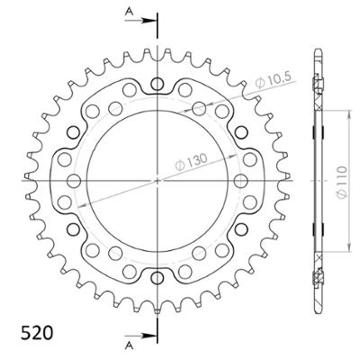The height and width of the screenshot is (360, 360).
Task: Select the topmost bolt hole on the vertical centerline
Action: coord(157,85)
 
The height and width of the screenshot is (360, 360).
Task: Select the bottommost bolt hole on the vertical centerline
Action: coord(157,275)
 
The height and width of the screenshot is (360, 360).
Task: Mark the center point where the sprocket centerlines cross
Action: coord(157,181)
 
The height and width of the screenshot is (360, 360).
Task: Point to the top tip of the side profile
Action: coord(318,49)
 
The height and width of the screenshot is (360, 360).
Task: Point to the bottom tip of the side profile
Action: coord(318,311)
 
